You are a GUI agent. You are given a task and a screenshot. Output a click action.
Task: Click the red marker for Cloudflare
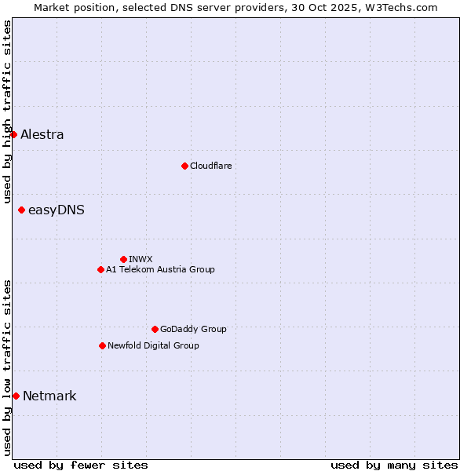[x=184, y=166]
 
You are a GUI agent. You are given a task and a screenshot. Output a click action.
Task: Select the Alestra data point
[x=13, y=134]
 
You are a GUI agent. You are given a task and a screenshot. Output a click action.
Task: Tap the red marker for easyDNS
[x=21, y=210]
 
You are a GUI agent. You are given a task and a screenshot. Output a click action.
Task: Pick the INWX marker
[x=123, y=259]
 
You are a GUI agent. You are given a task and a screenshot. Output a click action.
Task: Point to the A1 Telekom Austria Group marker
[x=100, y=269]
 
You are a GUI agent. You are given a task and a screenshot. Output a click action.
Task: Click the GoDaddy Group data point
[x=155, y=329]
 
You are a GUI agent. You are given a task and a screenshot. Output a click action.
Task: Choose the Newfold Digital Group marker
[x=102, y=345]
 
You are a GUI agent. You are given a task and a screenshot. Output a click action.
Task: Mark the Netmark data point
[x=16, y=396]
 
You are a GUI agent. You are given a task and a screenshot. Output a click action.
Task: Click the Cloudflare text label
[x=210, y=166]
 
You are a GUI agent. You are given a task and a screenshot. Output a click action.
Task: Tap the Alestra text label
[x=42, y=134]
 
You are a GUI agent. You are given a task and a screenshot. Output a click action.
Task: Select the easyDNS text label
[x=57, y=210]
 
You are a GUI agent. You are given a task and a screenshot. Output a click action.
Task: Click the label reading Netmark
[x=49, y=396]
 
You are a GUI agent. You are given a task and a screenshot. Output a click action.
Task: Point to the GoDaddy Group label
[x=193, y=329]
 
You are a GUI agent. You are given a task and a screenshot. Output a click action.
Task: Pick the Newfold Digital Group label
[x=153, y=345]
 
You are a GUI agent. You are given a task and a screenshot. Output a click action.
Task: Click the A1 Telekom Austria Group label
[x=160, y=269]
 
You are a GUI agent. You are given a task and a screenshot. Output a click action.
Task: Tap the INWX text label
[x=141, y=259]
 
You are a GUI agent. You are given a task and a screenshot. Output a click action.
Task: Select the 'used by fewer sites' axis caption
[x=81, y=465]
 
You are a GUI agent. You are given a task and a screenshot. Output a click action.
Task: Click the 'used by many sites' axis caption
[x=394, y=465]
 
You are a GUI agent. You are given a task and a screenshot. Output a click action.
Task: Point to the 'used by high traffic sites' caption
[x=7, y=111]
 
